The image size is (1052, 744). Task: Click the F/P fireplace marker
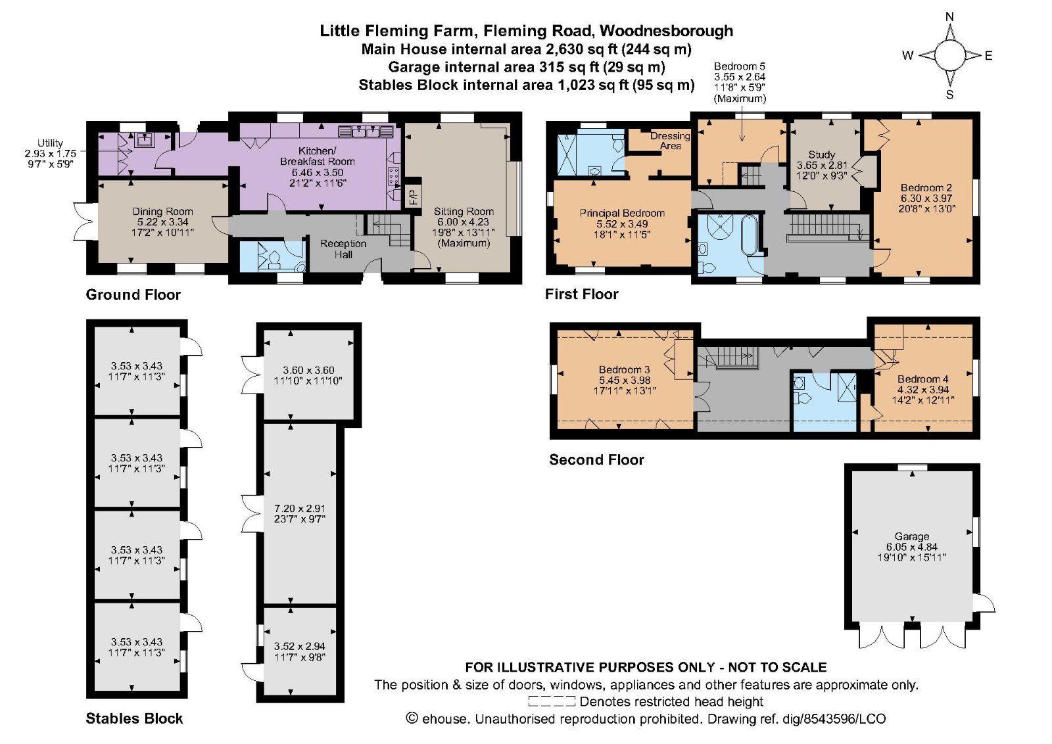click(414, 196)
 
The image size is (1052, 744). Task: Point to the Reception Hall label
click(343, 249)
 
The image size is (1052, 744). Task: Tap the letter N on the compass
click(949, 17)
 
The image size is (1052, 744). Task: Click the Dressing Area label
click(670, 141)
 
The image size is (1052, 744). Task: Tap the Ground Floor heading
click(133, 295)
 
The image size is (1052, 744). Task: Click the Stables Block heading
click(134, 718)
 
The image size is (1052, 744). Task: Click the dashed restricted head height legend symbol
click(552, 702)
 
